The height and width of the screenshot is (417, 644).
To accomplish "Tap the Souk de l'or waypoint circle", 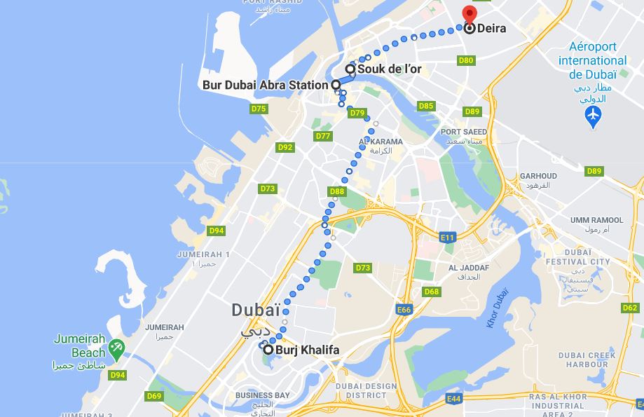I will click(x=350, y=69).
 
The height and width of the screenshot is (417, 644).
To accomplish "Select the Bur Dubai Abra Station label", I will click(x=265, y=85).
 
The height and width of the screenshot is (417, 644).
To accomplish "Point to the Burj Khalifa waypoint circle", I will click(x=268, y=349).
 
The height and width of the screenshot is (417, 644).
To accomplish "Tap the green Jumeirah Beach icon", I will click(x=116, y=346).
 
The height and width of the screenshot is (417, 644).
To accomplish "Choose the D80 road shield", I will click(x=466, y=61).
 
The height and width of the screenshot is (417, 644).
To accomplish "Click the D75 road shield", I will click(x=259, y=109).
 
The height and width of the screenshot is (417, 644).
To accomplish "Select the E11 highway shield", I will click(x=448, y=238).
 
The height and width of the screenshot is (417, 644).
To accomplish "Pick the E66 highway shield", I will click(x=404, y=310).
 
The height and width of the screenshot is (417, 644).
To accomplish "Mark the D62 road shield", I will click(x=630, y=308).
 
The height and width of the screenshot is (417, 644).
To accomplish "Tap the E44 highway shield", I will click(x=455, y=399).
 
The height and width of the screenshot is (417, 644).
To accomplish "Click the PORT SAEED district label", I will click(x=463, y=132).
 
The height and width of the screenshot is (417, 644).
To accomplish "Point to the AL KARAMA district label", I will click(x=381, y=142).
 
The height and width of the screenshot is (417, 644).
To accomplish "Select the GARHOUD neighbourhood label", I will click(x=538, y=176).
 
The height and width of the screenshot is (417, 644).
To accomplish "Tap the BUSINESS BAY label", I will click(x=263, y=395).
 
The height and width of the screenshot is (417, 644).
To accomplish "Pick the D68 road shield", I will click(x=432, y=292).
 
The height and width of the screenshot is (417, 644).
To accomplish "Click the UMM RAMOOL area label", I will click(x=596, y=220).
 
